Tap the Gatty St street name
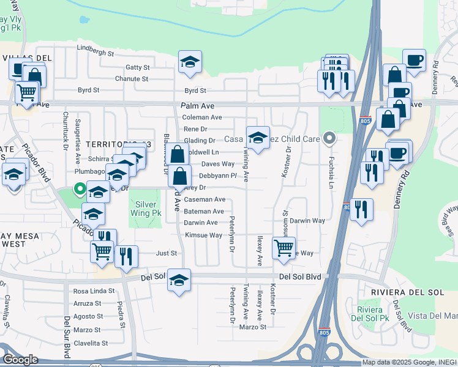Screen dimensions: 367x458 click(x=137, y=67)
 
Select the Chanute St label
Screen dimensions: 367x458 click(x=132, y=79)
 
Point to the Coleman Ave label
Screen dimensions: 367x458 click(x=202, y=117)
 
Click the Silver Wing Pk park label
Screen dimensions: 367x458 click(x=145, y=209)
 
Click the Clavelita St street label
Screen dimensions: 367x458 click(x=91, y=343)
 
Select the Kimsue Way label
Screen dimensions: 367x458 click(x=203, y=235)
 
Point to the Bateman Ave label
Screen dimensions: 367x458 click(x=205, y=211)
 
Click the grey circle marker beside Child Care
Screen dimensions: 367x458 click(x=329, y=138)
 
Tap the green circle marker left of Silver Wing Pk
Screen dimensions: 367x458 click(x=79, y=188)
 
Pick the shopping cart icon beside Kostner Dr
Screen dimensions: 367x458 click(x=283, y=248)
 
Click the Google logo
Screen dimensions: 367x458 click(x=20, y=360)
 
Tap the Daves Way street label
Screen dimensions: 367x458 click(x=218, y=164)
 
